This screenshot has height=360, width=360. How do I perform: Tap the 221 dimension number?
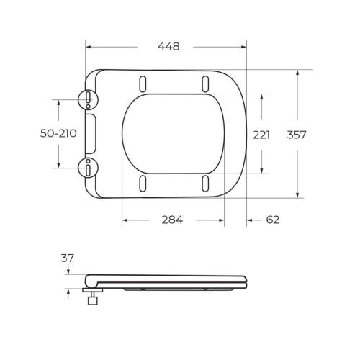(x=261, y=135)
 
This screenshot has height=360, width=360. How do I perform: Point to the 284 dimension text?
(x=172, y=220)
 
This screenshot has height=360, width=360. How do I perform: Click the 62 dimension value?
(x=272, y=220)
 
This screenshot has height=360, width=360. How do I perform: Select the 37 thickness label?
(x=68, y=257)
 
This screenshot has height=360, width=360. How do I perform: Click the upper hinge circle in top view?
(x=87, y=98)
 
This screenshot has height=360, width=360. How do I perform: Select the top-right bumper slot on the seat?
(x=206, y=81)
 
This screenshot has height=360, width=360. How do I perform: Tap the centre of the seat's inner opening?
(x=174, y=133)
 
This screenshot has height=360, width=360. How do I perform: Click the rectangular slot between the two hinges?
(x=91, y=133)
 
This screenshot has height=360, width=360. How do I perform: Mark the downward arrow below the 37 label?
(x=68, y=271)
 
